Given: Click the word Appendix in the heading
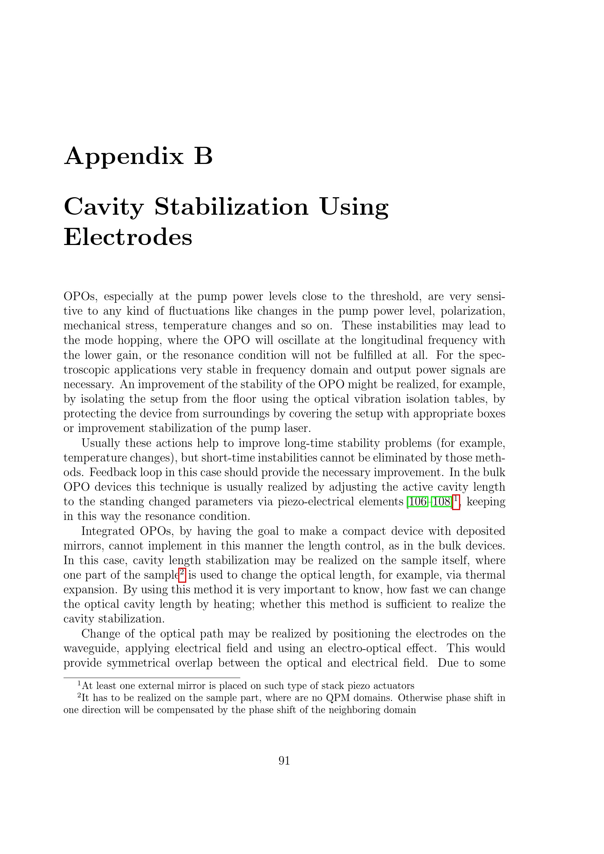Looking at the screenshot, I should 124,157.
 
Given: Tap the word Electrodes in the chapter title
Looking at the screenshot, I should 128,237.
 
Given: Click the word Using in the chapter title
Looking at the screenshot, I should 354,207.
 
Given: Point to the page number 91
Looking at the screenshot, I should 284,761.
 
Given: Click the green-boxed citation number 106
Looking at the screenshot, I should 417,502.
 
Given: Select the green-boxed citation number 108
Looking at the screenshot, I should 441,502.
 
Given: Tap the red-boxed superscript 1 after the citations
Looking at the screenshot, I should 456,501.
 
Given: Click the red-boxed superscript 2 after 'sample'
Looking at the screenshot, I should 182,574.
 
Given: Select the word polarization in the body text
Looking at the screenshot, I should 472,311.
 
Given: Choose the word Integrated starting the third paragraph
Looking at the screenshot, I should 107,531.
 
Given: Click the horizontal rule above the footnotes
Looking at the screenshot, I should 152,678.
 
